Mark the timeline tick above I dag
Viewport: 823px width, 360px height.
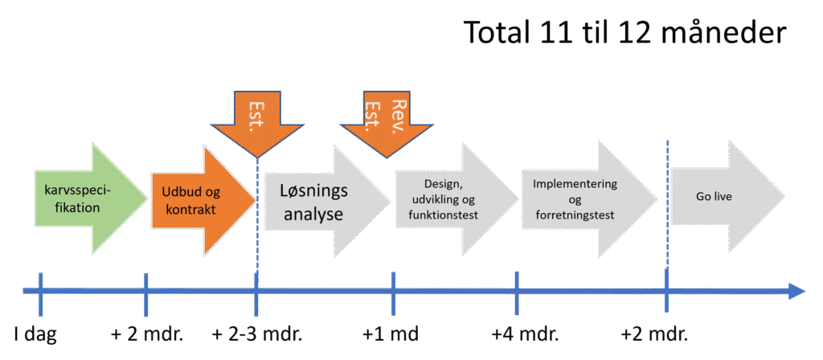point(39,290)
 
